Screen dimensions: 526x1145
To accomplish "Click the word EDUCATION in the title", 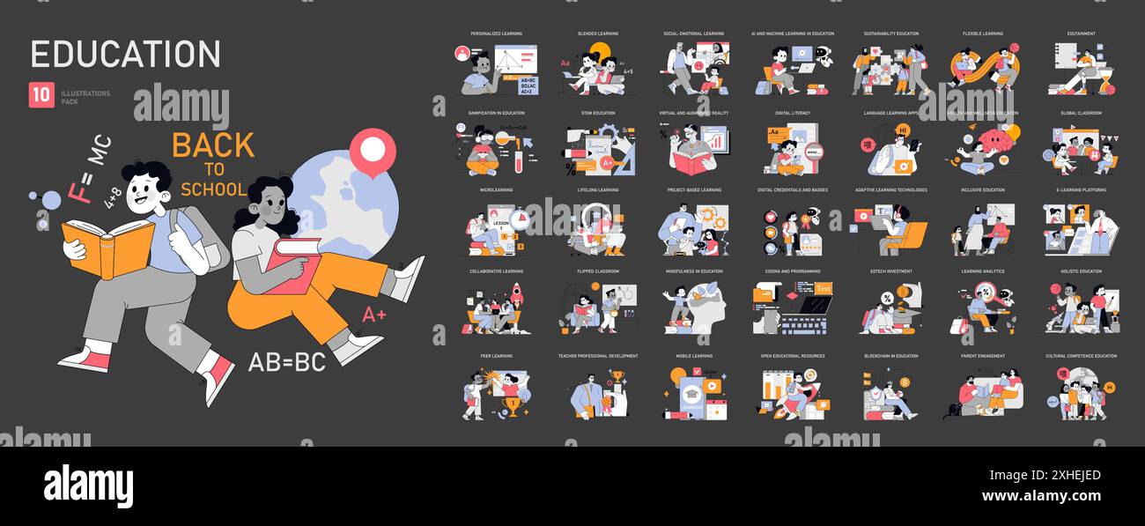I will [x=125, y=54].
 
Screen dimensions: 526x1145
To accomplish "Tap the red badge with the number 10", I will [x=41, y=95].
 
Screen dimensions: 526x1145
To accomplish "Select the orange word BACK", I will [x=212, y=145].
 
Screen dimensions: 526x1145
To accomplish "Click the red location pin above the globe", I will [x=373, y=151].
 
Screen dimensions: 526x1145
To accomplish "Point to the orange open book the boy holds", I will [x=107, y=246].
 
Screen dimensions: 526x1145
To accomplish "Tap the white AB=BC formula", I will [x=286, y=362].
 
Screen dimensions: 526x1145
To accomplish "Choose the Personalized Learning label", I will [x=496, y=33].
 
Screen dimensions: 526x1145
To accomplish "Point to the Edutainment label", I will [x=1081, y=33].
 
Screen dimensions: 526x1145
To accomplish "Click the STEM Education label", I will [x=598, y=113].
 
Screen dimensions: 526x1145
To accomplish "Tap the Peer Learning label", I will [x=498, y=356].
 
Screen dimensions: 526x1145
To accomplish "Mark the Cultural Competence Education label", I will [x=1081, y=356].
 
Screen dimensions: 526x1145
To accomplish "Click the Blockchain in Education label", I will [x=890, y=356].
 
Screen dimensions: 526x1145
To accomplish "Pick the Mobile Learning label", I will [x=694, y=356].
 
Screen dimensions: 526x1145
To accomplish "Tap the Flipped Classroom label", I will [x=598, y=271].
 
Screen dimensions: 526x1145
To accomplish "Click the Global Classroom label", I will [x=1081, y=113].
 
